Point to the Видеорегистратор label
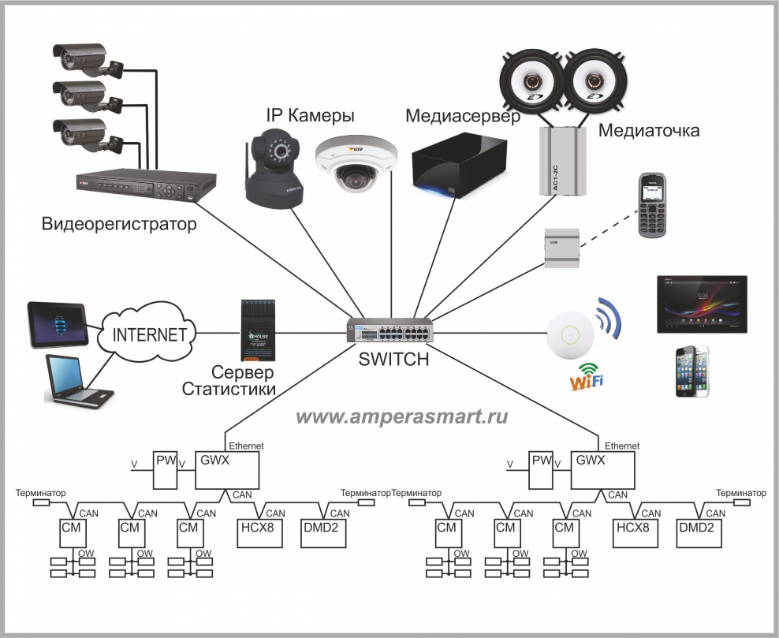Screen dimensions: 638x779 pyautogui.click(x=119, y=225)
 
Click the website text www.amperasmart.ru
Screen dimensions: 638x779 pyautogui.click(x=402, y=416)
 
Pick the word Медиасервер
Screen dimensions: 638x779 pyautogui.click(x=463, y=117)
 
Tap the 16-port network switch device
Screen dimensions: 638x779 pyautogui.click(x=391, y=330)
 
